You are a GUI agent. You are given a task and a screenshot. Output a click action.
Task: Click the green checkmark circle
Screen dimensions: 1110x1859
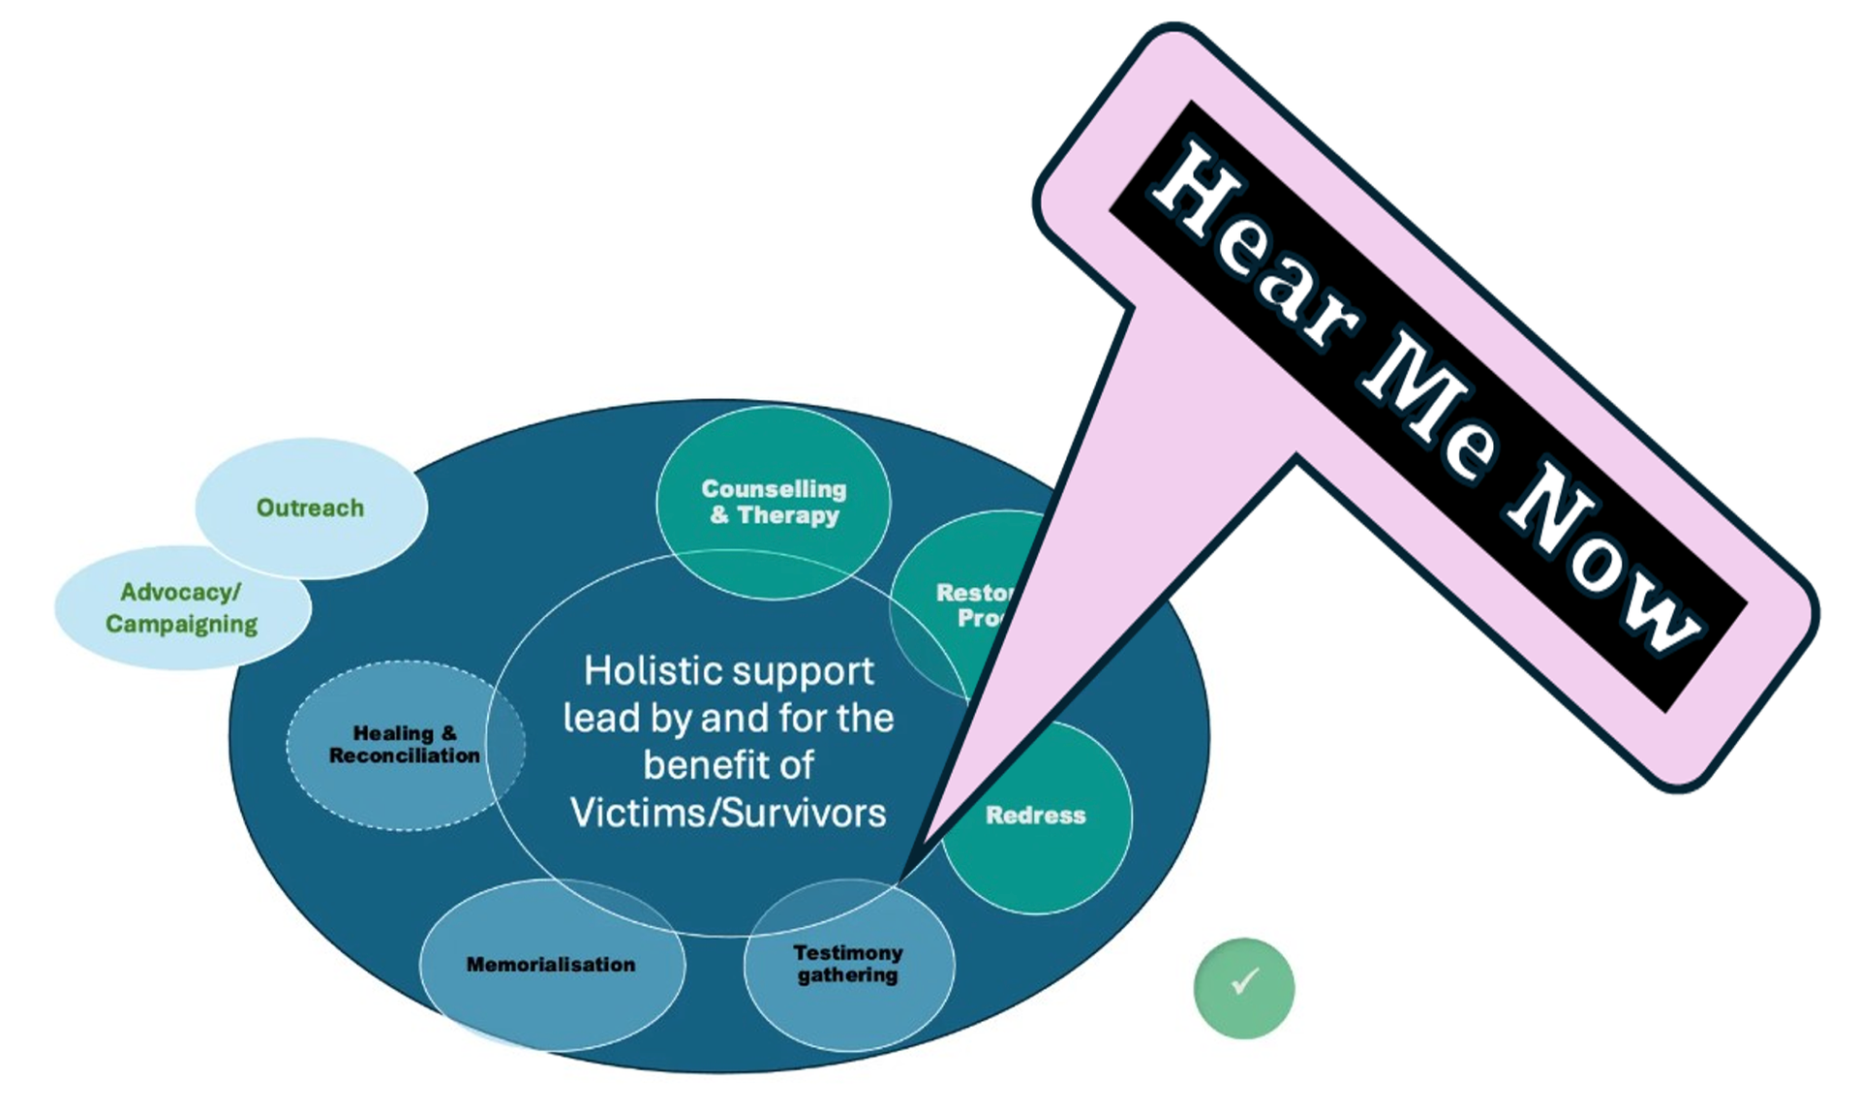pyautogui.click(x=1244, y=988)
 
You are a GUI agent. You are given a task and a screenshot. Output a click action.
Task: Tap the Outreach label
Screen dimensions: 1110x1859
pyautogui.click(x=310, y=508)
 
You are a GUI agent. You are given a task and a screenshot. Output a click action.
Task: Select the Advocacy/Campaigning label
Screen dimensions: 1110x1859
pyautogui.click(x=181, y=608)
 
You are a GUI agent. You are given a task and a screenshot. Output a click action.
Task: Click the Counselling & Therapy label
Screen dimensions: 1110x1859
pyautogui.click(x=774, y=502)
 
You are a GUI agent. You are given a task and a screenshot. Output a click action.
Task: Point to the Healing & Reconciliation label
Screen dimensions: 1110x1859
pyautogui.click(x=405, y=744)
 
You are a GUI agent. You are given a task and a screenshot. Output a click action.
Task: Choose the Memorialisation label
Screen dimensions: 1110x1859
pyautogui.click(x=551, y=965)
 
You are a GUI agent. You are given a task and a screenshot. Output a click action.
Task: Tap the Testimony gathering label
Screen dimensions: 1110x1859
pyautogui.click(x=848, y=964)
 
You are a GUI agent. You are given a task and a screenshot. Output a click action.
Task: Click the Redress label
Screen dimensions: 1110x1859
pyautogui.click(x=1035, y=816)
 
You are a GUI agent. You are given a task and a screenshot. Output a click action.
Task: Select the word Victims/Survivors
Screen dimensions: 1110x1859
pyautogui.click(x=728, y=813)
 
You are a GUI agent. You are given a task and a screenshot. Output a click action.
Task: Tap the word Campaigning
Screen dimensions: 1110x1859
pyautogui.click(x=181, y=624)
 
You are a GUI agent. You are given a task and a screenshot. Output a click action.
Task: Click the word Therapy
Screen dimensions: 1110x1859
pyautogui.click(x=788, y=515)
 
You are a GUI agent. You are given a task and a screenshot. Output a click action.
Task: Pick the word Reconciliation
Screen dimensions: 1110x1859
pyautogui.click(x=405, y=755)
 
